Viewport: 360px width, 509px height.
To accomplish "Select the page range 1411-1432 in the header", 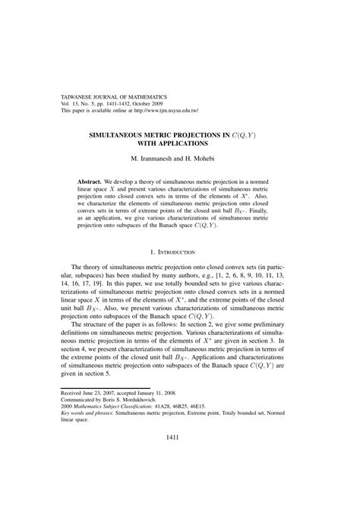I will click(119, 104).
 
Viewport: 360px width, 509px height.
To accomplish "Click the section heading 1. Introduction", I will click(179, 251).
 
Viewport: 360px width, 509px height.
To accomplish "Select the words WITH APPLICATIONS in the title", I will click(180, 144).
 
